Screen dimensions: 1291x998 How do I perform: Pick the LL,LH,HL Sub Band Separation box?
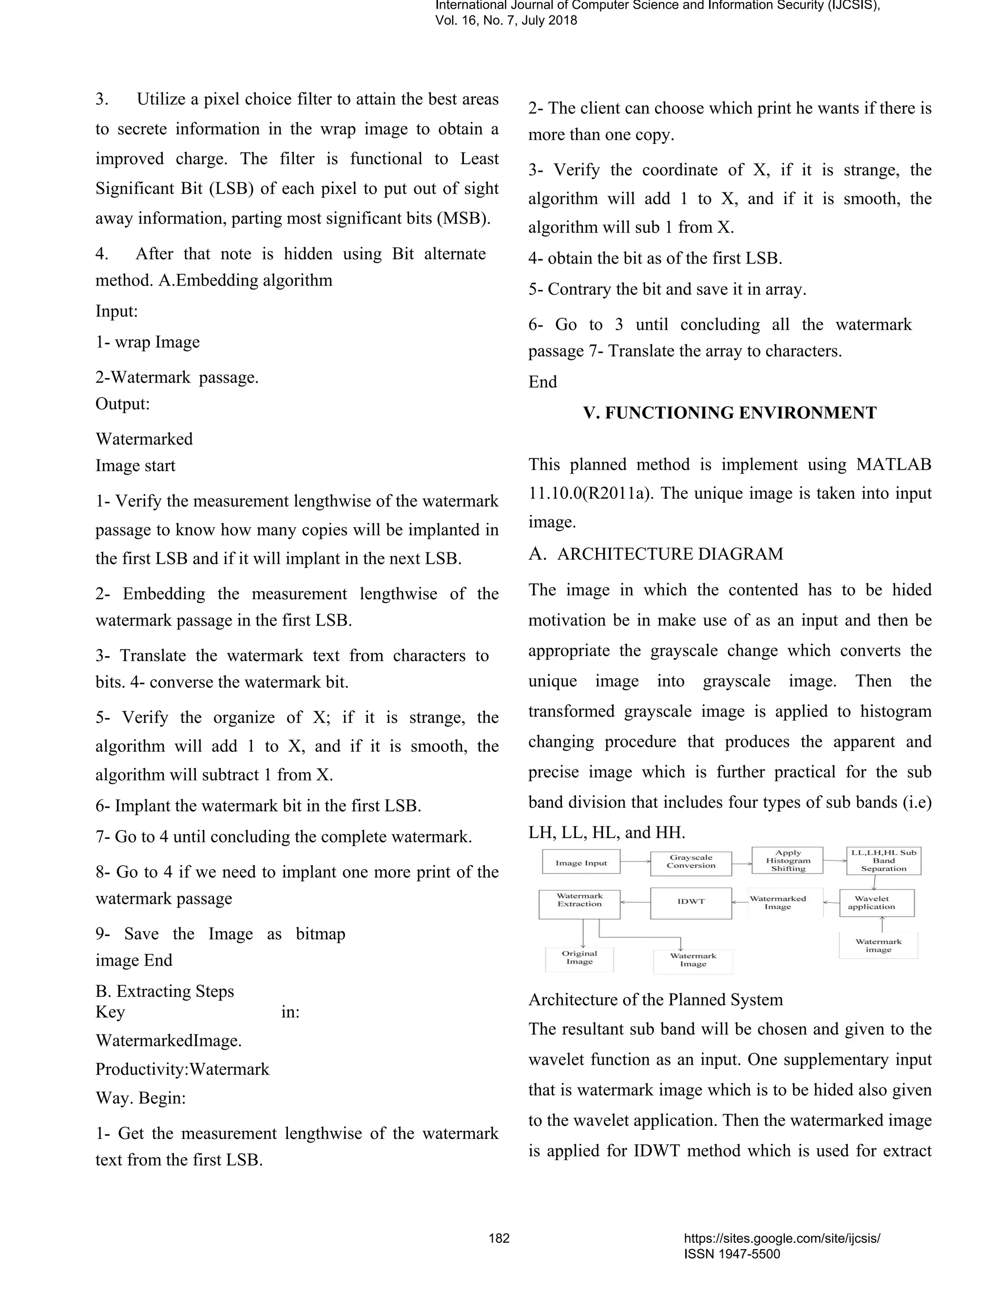[883, 861]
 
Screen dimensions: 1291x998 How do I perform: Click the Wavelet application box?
[877, 903]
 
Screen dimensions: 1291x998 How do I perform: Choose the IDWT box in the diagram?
[691, 902]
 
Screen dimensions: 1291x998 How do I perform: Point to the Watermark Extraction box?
[579, 903]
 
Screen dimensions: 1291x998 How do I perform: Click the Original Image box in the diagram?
[579, 958]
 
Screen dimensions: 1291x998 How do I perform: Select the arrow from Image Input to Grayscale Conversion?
[635, 862]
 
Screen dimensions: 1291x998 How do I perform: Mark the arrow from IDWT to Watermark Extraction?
[635, 902]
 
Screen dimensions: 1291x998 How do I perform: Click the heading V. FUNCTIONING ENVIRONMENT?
[729, 413]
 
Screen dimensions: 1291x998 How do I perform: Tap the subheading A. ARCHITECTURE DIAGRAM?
[656, 554]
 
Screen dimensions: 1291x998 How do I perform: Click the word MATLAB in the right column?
[893, 465]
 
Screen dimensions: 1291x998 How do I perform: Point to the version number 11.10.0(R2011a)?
[591, 494]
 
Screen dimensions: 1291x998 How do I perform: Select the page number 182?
[499, 1238]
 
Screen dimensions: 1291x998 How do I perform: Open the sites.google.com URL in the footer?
[782, 1238]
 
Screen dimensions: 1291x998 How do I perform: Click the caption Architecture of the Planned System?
[655, 1000]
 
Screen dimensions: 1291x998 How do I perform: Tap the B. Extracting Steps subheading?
[165, 991]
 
